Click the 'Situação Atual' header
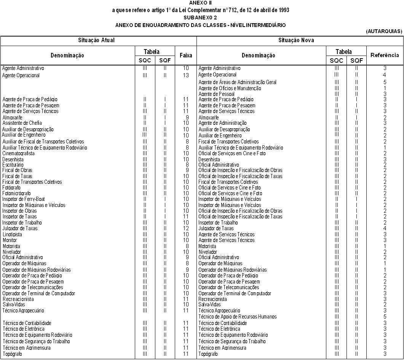click(x=96, y=40)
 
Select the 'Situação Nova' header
click(x=296, y=40)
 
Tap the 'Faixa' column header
click(x=186, y=55)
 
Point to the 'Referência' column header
click(x=385, y=55)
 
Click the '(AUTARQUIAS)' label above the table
click(x=384, y=31)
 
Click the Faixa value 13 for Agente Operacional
click(x=186, y=75)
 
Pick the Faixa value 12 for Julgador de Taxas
click(x=186, y=228)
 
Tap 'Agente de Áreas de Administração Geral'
click(x=237, y=82)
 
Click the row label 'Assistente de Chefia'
click(x=22, y=123)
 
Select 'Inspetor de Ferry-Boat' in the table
click(x=24, y=199)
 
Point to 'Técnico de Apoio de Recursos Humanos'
click(x=238, y=317)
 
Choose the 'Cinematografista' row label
click(x=18, y=153)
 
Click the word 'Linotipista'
click(x=12, y=234)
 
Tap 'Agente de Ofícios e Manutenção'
click(x=230, y=88)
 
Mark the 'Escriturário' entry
click(x=13, y=165)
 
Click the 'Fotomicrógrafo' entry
click(x=16, y=193)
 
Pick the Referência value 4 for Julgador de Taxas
click(x=385, y=228)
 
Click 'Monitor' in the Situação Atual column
click(x=10, y=240)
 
